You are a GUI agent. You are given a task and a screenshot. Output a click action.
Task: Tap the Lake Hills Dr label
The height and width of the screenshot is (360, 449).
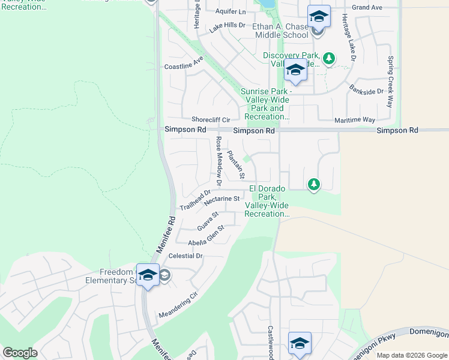[x=228, y=27]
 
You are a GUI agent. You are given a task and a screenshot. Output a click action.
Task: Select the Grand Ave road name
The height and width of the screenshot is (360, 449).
[x=367, y=8]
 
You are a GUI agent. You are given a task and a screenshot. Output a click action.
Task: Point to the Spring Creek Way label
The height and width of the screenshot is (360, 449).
[x=391, y=81]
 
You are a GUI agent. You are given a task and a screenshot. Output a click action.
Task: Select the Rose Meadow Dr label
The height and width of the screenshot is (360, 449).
[x=219, y=160]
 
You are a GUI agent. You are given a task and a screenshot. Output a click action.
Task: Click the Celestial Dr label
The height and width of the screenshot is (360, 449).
[x=186, y=256]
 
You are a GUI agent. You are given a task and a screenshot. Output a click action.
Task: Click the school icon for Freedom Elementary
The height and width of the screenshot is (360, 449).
[x=148, y=275]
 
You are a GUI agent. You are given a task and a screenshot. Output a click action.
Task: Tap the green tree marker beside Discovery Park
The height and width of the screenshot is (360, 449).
[x=328, y=58]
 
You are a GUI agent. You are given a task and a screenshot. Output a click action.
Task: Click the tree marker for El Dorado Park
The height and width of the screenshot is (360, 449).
[x=313, y=184]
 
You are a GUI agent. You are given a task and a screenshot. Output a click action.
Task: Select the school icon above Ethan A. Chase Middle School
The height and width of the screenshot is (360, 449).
[x=319, y=16]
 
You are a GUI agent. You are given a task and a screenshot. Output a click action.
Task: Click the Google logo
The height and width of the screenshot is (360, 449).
[x=20, y=353]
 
